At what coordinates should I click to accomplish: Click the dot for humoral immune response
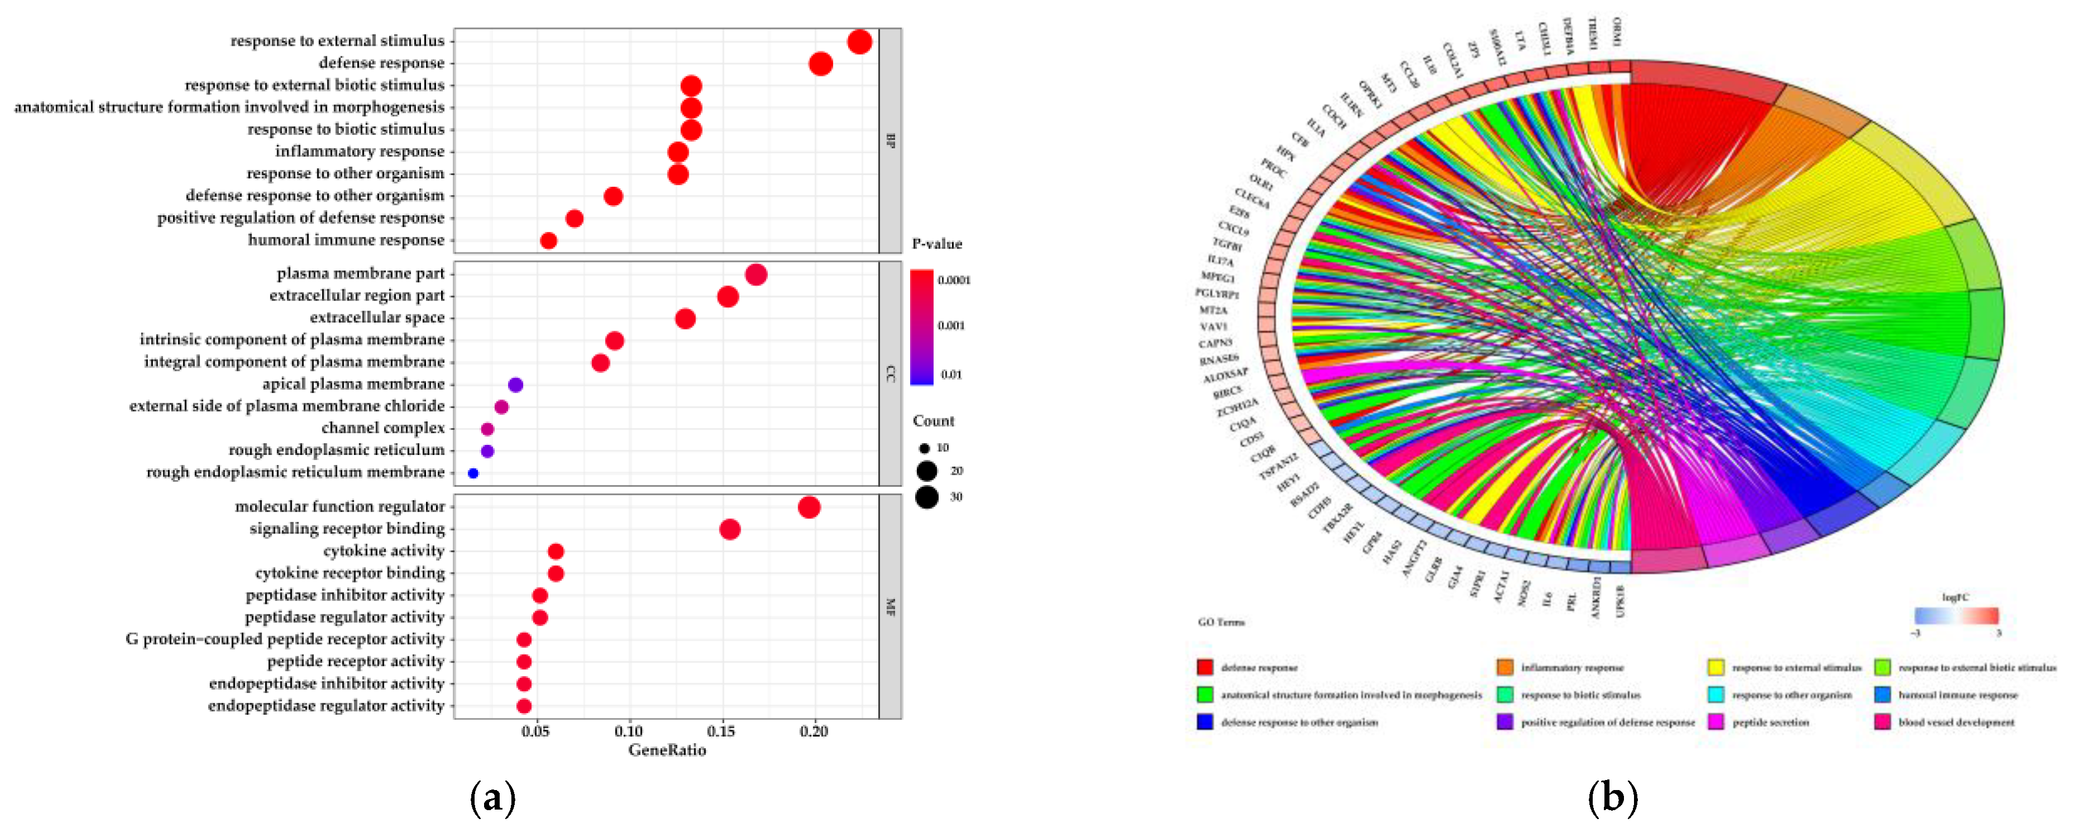click(x=548, y=241)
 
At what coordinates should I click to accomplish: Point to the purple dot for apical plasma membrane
click(x=515, y=385)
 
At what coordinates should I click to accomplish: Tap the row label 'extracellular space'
click(x=377, y=317)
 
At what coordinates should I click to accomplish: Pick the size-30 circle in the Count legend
click(x=927, y=497)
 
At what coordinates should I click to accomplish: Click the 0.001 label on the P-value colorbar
click(x=951, y=325)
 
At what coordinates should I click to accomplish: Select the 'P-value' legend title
click(x=936, y=244)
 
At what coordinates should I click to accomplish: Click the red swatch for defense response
click(x=1205, y=667)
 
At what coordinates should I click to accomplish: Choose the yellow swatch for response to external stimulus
click(x=1716, y=667)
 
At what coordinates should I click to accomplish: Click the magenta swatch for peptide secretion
click(x=1716, y=722)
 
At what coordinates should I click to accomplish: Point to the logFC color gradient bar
click(x=1956, y=616)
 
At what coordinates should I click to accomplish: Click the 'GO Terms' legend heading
click(x=1221, y=622)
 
